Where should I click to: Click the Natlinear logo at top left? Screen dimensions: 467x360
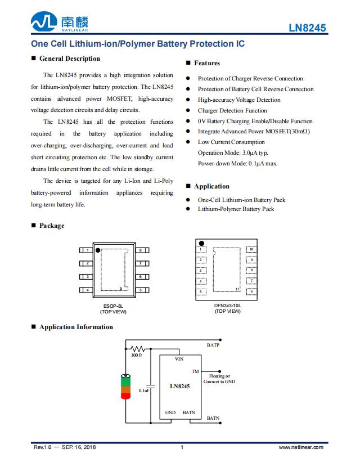click(60, 23)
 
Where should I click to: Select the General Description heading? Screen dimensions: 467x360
click(69, 59)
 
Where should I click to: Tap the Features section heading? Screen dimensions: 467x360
click(206, 63)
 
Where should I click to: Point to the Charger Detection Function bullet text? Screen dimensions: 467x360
click(232, 111)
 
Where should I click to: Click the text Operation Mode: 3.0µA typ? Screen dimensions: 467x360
click(233, 153)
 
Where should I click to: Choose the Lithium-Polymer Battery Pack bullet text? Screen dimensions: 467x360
click(236, 209)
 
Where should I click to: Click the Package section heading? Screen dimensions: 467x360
click(51, 226)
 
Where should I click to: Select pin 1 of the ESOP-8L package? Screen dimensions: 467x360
click(87, 250)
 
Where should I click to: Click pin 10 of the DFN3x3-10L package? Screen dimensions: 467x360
click(251, 249)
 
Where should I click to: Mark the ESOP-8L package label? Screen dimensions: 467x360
click(113, 306)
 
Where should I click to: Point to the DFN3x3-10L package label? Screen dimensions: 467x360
click(227, 306)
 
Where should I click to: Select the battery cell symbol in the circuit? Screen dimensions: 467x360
click(125, 387)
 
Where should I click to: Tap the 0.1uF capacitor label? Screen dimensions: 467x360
click(144, 390)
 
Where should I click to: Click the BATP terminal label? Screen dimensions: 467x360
click(213, 345)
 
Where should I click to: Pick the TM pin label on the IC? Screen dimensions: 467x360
click(195, 371)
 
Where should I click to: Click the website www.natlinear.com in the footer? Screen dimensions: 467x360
click(301, 447)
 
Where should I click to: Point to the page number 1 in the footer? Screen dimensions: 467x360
click(182, 447)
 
